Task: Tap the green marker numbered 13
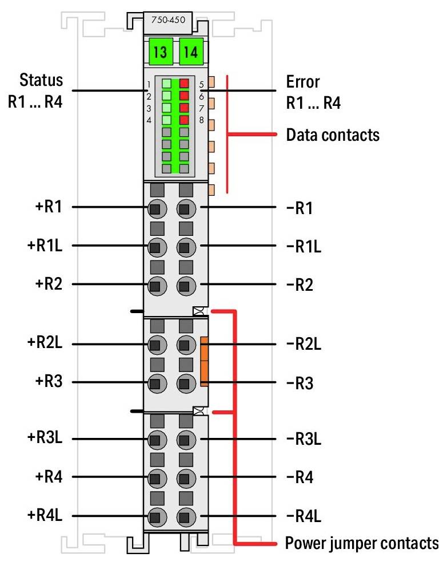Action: [x=160, y=54]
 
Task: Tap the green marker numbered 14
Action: [x=190, y=54]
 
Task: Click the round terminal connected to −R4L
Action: [x=184, y=515]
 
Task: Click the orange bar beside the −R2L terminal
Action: [x=205, y=361]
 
